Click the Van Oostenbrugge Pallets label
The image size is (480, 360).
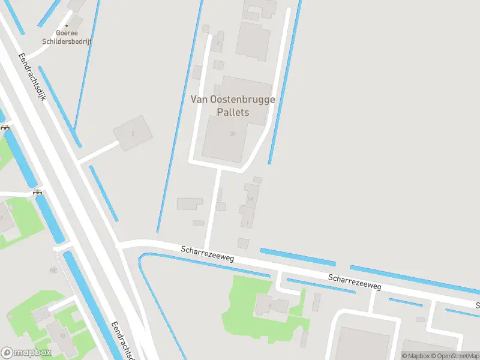233,106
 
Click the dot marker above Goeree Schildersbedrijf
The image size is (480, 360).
67,25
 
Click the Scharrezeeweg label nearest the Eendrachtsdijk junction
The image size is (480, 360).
207,252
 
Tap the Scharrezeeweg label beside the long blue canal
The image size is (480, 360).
355,282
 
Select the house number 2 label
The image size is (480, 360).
217,42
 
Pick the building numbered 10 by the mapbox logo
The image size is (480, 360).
62,335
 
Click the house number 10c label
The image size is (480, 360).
53,271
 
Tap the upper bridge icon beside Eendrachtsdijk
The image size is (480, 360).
5,127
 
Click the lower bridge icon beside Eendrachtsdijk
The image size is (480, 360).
38,192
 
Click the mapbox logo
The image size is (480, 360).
25,352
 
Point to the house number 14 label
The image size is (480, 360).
250,198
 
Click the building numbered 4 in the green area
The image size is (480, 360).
270,305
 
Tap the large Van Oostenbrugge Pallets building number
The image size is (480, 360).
232,133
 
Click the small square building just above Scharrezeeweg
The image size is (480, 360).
243,243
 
